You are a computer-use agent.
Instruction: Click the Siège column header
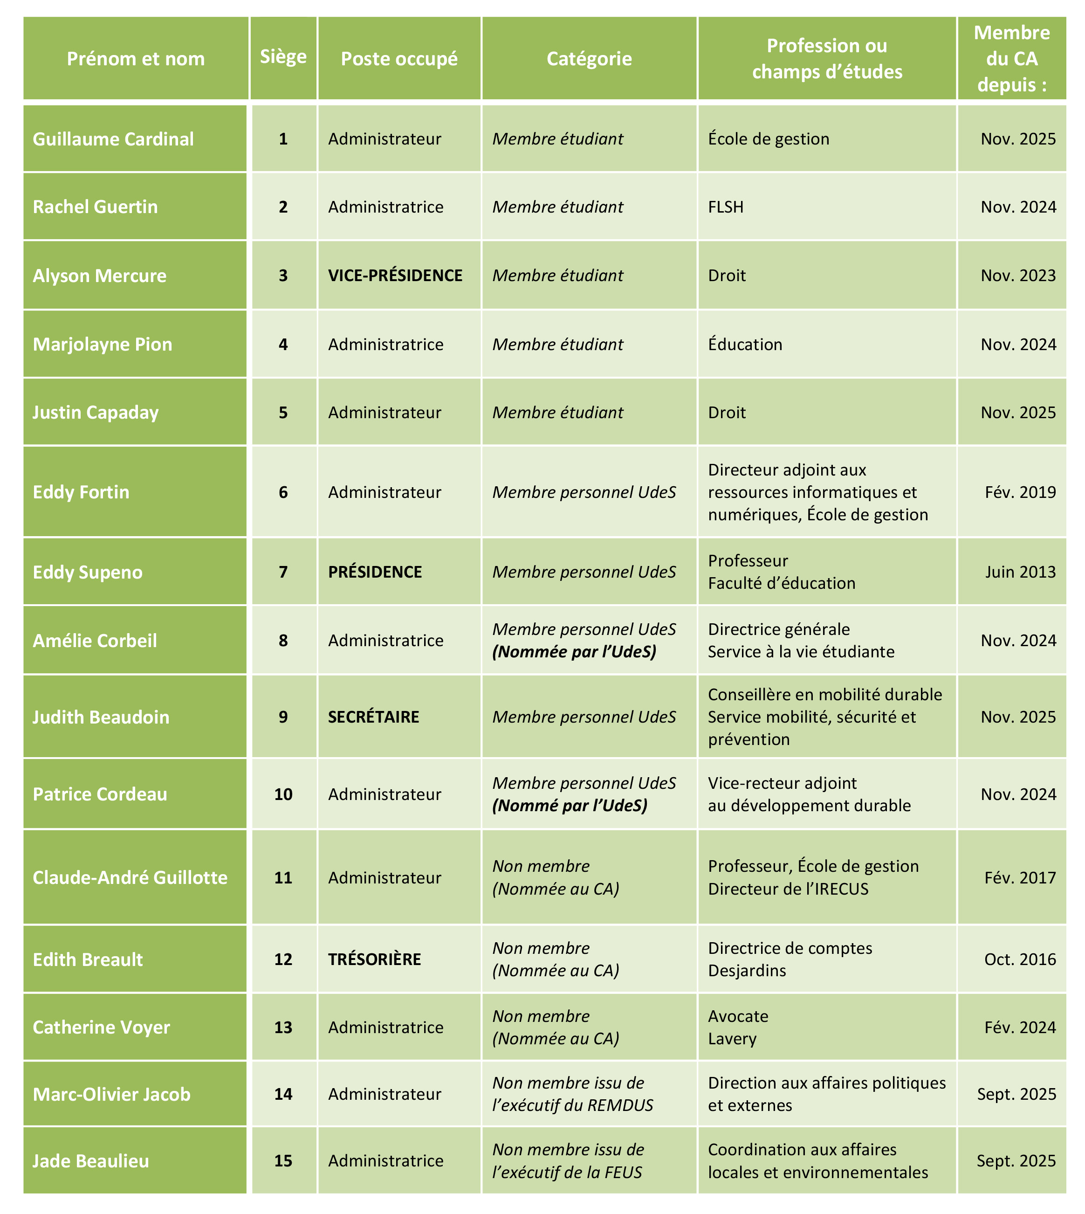(x=283, y=57)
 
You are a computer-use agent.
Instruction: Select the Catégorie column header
(x=589, y=58)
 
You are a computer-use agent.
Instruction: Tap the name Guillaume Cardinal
(x=113, y=139)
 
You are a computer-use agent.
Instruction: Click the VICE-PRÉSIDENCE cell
(x=395, y=276)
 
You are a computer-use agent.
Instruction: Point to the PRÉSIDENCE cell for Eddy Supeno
(x=375, y=572)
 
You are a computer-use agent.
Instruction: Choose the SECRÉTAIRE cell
(x=374, y=717)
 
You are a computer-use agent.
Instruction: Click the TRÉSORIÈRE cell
(x=374, y=959)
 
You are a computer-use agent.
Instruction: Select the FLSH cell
(x=726, y=207)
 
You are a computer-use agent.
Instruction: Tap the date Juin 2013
(x=1020, y=572)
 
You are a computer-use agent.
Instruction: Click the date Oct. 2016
(x=1020, y=959)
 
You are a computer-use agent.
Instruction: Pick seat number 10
(x=283, y=794)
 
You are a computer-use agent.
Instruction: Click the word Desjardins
(x=747, y=971)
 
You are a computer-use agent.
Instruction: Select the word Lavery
(x=732, y=1039)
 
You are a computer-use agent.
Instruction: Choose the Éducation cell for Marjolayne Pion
(x=745, y=345)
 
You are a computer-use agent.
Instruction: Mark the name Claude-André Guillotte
(x=130, y=878)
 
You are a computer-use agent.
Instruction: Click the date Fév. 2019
(x=1020, y=492)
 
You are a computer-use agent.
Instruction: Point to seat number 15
(x=283, y=1161)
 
